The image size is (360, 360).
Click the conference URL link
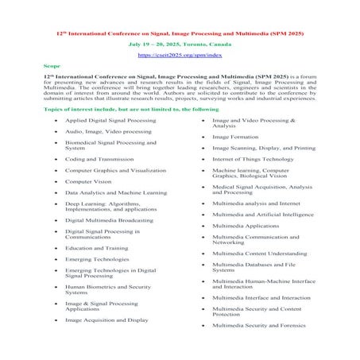(180, 56)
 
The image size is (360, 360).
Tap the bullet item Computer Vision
(89, 181)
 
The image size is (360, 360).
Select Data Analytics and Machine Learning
(115, 192)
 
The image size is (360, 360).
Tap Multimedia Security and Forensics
(258, 325)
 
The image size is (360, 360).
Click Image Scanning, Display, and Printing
(263, 148)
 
